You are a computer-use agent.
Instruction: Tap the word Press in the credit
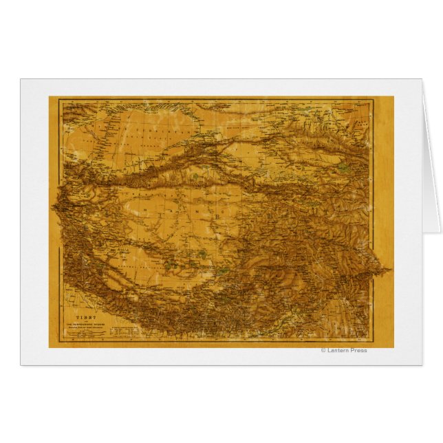point(359,350)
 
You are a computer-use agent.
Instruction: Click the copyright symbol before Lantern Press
point(323,350)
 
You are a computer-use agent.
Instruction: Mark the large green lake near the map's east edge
point(343,166)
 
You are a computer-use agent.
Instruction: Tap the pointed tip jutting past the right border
point(389,270)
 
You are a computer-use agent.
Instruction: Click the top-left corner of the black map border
point(58,100)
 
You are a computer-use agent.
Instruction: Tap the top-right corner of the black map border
point(373,100)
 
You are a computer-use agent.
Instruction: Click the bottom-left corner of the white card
point(21,364)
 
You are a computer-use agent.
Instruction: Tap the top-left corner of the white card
point(21,79)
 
